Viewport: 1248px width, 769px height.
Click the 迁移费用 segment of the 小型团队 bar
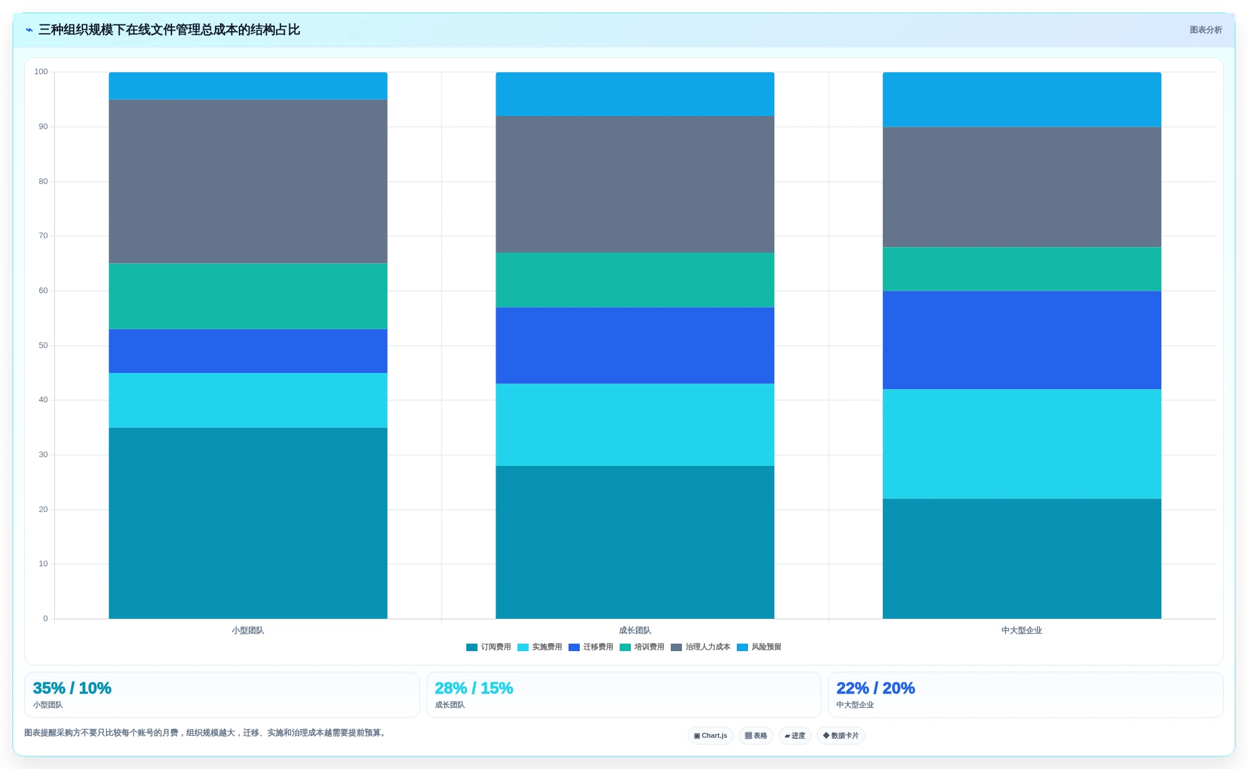(x=248, y=351)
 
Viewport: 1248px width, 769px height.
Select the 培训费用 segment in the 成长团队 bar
(x=635, y=280)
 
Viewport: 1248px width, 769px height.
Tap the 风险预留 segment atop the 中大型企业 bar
(x=1022, y=100)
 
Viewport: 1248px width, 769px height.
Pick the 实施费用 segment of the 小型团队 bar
(x=248, y=400)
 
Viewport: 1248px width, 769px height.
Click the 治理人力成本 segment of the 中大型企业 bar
(x=1022, y=187)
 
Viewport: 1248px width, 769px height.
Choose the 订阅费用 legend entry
(x=489, y=647)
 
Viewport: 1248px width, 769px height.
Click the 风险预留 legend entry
(x=759, y=647)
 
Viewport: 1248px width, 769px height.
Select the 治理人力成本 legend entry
(x=701, y=647)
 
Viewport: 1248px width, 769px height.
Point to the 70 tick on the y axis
(x=43, y=236)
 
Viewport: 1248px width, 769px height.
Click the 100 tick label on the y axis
(x=41, y=72)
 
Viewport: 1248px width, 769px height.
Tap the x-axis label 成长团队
(x=635, y=631)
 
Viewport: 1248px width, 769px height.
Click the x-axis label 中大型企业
(x=1022, y=631)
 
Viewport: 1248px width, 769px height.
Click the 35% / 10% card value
(x=72, y=688)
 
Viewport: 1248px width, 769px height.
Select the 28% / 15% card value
(x=474, y=688)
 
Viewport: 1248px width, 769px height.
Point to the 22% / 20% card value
(x=876, y=688)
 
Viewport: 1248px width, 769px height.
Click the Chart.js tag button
(x=711, y=736)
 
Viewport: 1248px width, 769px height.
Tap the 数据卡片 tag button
(x=841, y=736)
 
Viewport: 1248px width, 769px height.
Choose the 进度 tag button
(x=795, y=736)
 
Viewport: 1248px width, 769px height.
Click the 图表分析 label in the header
(x=1206, y=30)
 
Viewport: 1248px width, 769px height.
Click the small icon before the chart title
(x=29, y=30)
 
